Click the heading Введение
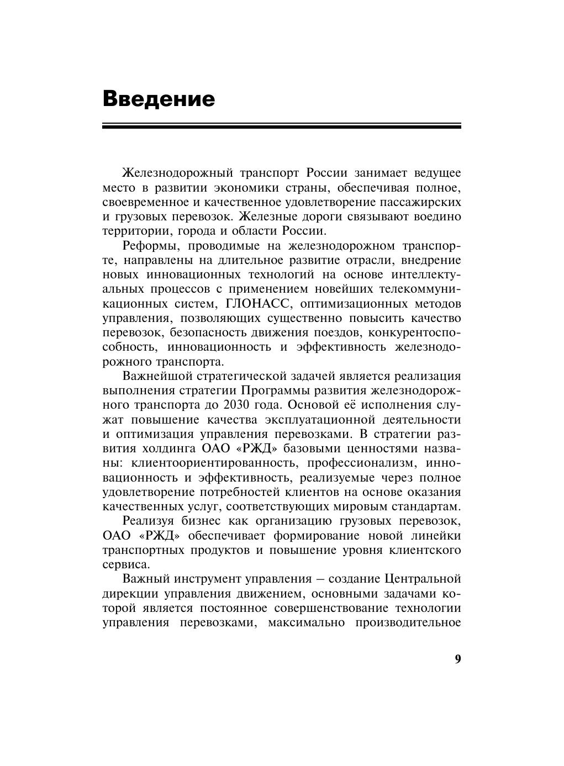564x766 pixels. tap(159, 99)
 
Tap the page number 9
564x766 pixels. tap(457, 659)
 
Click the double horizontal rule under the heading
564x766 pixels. tap(282, 126)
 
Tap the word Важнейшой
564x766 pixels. tap(159, 377)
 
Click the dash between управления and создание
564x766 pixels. tap(320, 579)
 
